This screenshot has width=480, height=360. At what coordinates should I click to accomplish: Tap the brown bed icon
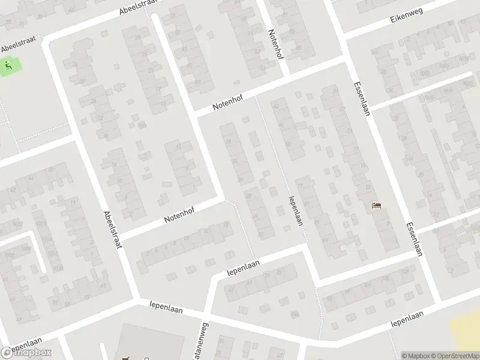pyautogui.click(x=377, y=206)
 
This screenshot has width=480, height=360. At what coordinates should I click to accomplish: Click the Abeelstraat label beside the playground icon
pyautogui.click(x=19, y=44)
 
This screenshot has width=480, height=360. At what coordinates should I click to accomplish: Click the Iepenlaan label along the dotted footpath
pyautogui.click(x=294, y=211)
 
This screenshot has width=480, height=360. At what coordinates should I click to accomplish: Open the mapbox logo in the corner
pyautogui.click(x=26, y=353)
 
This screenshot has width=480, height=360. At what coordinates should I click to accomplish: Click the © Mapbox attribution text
pyautogui.click(x=415, y=356)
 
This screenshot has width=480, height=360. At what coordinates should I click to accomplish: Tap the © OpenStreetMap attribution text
pyautogui.click(x=454, y=356)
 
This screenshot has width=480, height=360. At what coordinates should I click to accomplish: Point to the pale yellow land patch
pyautogui.click(x=466, y=329)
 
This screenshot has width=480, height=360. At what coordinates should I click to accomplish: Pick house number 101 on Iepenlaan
pyautogui.click(x=367, y=285)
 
